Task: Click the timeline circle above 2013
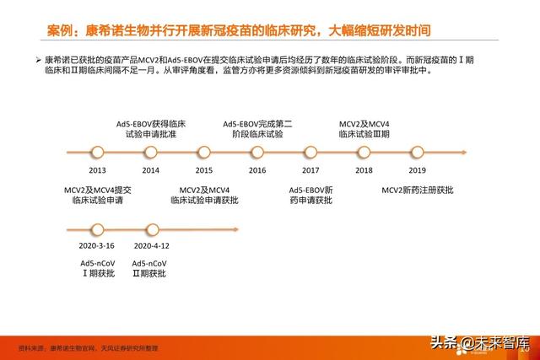(x=97, y=153)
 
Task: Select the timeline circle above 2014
(x=151, y=153)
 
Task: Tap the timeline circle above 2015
(x=203, y=153)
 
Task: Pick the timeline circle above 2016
(x=257, y=153)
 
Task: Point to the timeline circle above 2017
(x=310, y=153)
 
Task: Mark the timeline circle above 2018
(x=364, y=153)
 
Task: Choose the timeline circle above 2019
(x=417, y=153)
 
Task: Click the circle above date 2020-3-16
(x=96, y=228)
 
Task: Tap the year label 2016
(x=257, y=170)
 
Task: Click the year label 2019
(x=417, y=170)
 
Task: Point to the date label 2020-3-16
(x=96, y=245)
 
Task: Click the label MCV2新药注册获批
(x=417, y=190)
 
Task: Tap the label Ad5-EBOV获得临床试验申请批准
(x=151, y=129)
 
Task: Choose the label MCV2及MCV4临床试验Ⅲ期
(x=364, y=129)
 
